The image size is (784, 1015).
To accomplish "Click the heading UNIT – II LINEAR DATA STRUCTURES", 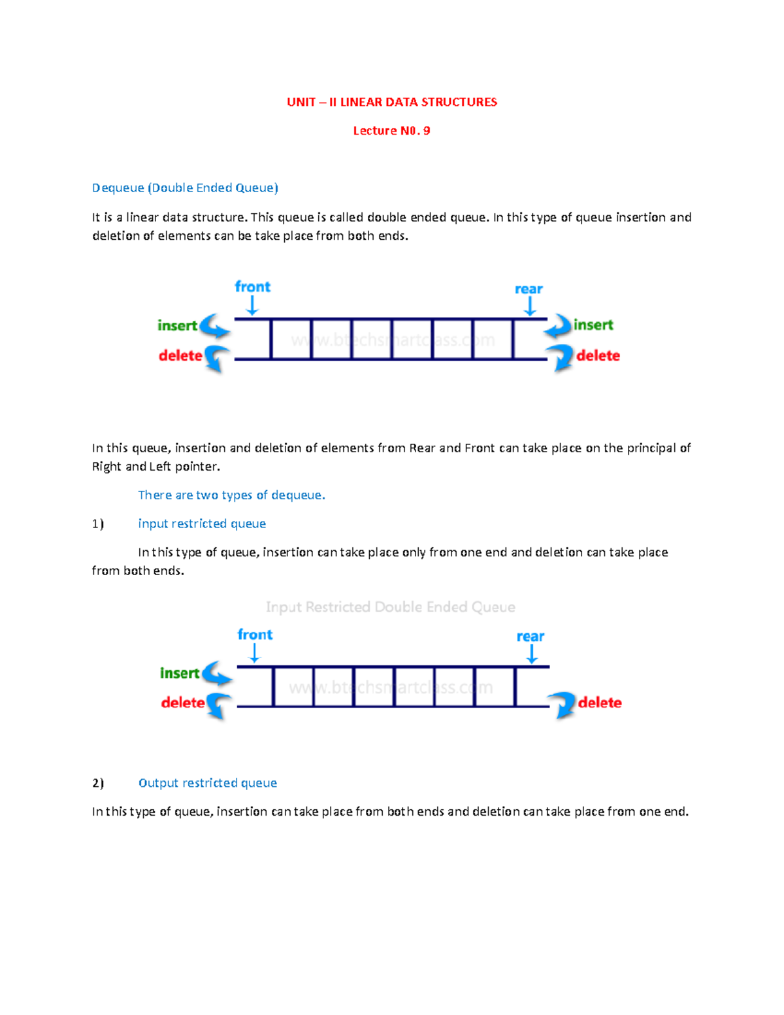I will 392,102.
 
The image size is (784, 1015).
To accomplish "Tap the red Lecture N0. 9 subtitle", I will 391,131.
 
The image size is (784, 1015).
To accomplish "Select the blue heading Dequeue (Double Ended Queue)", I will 185,188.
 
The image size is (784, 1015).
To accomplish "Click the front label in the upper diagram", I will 252,287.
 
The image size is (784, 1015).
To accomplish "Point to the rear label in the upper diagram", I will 529,289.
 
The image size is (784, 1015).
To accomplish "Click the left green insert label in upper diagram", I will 177,325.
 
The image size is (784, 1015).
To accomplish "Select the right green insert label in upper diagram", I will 593,325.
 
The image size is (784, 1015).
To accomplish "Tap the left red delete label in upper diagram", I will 180,356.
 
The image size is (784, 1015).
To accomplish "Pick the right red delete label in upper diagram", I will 598,356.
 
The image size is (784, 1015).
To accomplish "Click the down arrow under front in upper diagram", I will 252,306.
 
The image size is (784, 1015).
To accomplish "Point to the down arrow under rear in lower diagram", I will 532,654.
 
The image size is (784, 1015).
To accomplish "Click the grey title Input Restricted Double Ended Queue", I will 391,607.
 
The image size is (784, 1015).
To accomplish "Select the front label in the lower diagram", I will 255,635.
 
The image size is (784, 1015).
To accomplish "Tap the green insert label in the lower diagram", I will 180,673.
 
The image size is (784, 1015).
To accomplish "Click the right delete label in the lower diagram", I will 600,703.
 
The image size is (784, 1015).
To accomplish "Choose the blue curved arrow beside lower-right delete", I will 561,705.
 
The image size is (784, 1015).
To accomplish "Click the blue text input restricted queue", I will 202,524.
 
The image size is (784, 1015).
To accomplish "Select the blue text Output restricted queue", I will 208,783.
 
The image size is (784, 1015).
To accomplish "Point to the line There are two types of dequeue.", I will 231,495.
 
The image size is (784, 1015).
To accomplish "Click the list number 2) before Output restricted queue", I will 98,783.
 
